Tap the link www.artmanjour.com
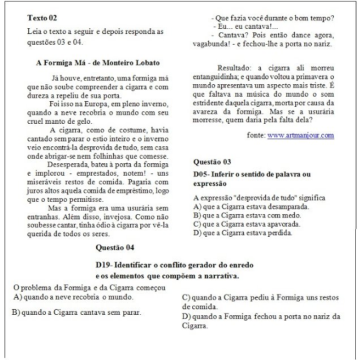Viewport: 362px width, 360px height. pos(300,136)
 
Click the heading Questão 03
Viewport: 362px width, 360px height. pos(212,162)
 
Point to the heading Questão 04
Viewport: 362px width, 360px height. pos(115,248)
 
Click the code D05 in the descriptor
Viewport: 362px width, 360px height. pos(201,174)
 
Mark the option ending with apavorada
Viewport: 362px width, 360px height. pos(247,224)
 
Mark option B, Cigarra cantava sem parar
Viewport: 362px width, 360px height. pos(77,311)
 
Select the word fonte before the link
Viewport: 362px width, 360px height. pos(257,136)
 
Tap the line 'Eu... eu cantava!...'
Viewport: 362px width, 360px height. pos(245,27)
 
